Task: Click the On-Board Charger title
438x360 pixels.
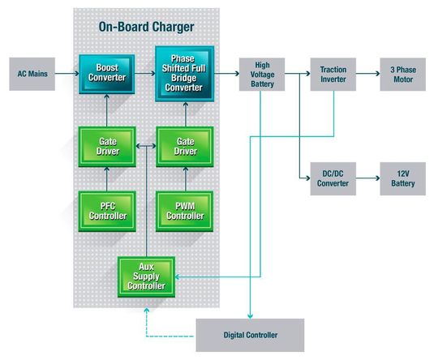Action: click(146, 27)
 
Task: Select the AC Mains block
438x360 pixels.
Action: click(33, 74)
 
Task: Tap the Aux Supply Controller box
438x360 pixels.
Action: click(146, 276)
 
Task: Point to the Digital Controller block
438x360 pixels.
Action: click(250, 335)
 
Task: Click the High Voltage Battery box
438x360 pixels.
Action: click(263, 74)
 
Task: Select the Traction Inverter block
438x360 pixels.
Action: click(333, 74)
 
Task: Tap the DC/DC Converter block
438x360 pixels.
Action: click(333, 178)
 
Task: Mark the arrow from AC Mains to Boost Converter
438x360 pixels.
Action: click(68, 74)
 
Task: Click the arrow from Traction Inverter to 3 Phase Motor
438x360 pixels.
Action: click(368, 74)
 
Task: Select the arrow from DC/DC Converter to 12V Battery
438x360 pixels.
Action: click(368, 178)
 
